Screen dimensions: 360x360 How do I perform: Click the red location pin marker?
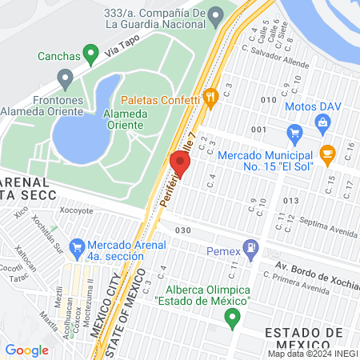tap(179, 165)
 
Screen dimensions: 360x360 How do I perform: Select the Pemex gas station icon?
tap(252, 247)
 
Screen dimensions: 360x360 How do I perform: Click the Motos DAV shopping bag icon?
tap(322, 122)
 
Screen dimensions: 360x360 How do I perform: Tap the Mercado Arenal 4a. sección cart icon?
tap(78, 246)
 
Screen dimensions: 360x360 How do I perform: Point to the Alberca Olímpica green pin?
tap(233, 318)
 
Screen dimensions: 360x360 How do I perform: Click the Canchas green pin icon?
tap(94, 56)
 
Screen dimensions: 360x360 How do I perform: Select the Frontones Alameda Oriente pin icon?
tap(66, 78)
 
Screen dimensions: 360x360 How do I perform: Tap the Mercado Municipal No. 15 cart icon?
tap(294, 132)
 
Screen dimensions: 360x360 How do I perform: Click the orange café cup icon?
tap(326, 152)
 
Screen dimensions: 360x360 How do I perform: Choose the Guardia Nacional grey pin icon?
tap(215, 16)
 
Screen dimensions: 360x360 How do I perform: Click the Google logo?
tap(27, 350)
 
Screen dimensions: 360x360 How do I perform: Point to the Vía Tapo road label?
tap(105, 52)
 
